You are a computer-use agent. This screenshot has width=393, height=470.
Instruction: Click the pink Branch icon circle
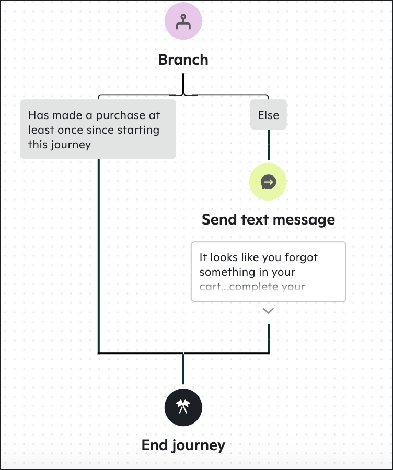pyautogui.click(x=183, y=21)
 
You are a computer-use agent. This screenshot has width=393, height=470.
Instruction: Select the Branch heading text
pyautogui.click(x=183, y=60)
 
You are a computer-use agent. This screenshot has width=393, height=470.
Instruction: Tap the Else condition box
pyautogui.click(x=269, y=115)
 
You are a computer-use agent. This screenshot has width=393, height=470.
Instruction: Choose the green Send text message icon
pyautogui.click(x=268, y=182)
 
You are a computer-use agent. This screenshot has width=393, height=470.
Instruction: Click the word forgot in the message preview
pyautogui.click(x=301, y=257)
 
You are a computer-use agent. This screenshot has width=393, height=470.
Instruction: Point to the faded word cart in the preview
pyautogui.click(x=208, y=287)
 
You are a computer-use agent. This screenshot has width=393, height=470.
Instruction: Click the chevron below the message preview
pyautogui.click(x=268, y=311)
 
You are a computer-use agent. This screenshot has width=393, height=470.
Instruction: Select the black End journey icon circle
pyautogui.click(x=183, y=407)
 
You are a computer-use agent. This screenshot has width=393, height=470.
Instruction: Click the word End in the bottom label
pyautogui.click(x=155, y=445)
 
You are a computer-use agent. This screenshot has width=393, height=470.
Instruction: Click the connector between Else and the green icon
pyautogui.click(x=269, y=145)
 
